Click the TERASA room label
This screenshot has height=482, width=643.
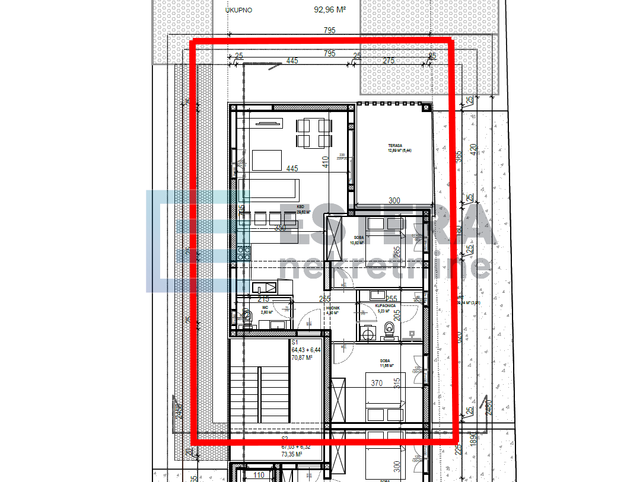click(x=396, y=145)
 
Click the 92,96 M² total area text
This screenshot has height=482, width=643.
click(x=330, y=9)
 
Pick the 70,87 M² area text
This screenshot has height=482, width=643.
click(x=301, y=357)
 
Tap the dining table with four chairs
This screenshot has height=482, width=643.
click(x=314, y=133)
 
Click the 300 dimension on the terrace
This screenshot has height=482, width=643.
click(x=395, y=201)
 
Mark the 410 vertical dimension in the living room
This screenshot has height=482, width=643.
click(x=324, y=162)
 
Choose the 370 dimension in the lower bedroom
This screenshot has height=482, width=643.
click(x=377, y=383)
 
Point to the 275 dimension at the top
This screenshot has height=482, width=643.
click(x=389, y=60)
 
